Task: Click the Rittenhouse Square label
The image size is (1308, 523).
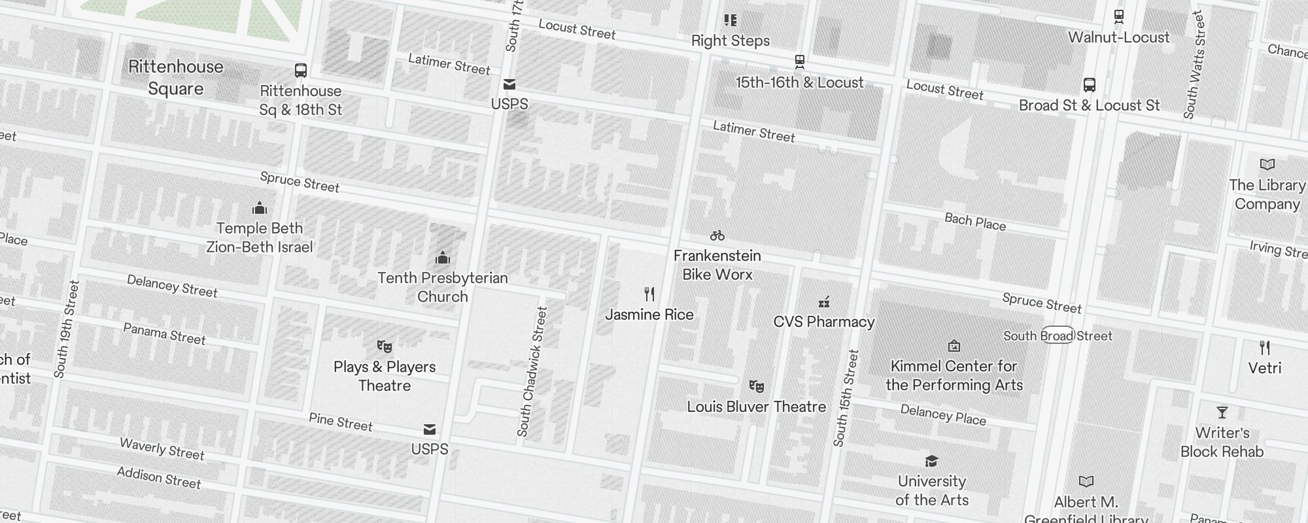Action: [x=175, y=77]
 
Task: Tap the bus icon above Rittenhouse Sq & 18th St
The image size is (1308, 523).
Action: [x=301, y=71]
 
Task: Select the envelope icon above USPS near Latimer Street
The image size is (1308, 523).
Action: [x=509, y=84]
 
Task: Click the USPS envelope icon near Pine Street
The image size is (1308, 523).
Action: [x=430, y=430]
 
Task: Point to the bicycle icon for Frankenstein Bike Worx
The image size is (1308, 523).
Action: [x=717, y=235]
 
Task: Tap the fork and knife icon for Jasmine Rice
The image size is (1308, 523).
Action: [x=649, y=294]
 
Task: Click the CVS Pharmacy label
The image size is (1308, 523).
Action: [x=823, y=322]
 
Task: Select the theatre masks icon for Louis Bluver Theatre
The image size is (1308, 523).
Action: [x=756, y=386]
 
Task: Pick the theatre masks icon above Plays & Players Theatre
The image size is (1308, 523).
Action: [x=385, y=346]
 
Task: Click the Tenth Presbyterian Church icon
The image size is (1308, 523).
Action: [x=443, y=258]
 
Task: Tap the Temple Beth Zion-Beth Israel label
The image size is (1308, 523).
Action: [x=260, y=237]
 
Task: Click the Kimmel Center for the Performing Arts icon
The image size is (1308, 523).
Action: [x=954, y=346]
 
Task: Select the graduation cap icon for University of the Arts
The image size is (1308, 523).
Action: [x=931, y=462]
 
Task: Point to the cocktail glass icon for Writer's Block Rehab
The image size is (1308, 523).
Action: [x=1222, y=413]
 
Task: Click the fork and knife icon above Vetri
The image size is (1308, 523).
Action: [x=1264, y=348]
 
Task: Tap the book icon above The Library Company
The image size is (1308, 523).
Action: [x=1267, y=165]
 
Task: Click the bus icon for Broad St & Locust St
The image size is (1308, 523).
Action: [x=1089, y=85]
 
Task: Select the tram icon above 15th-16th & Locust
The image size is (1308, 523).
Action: [x=799, y=62]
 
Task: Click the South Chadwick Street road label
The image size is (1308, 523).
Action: [x=532, y=372]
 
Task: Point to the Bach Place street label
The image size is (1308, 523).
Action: [x=974, y=222]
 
